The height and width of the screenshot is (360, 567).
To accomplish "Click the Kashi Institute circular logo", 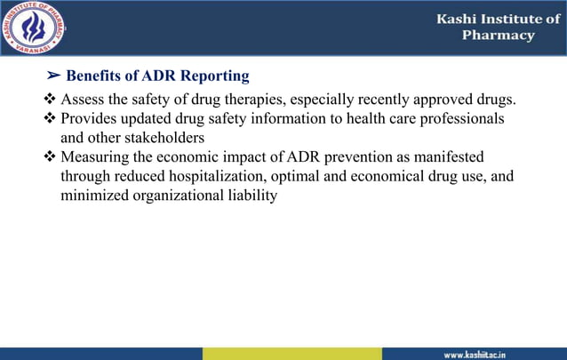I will [36, 28].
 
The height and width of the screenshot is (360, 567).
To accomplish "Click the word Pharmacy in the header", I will [499, 36].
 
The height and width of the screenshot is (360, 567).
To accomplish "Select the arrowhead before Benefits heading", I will [52, 76].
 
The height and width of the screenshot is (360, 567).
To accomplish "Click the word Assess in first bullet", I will [83, 99].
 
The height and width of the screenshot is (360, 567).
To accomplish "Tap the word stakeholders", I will [166, 138].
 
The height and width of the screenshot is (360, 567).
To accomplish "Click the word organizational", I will [172, 196].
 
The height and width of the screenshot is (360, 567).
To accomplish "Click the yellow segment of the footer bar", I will [291, 354].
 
